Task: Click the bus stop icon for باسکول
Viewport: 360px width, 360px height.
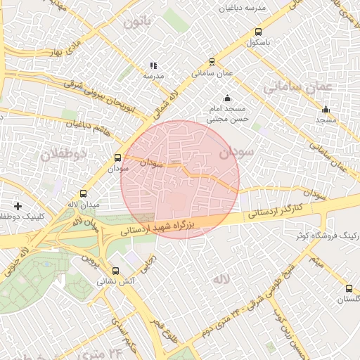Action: [258, 32]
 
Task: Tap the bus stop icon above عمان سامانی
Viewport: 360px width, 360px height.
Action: [212, 62]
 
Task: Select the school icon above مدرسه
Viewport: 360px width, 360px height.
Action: [153, 65]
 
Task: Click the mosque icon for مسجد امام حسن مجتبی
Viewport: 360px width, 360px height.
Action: [226, 98]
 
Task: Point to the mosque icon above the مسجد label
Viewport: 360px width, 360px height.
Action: [326, 109]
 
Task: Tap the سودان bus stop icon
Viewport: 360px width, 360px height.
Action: [117, 158]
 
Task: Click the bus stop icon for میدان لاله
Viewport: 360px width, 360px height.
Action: [84, 193]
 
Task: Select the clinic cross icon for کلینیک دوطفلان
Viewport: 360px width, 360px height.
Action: [18, 206]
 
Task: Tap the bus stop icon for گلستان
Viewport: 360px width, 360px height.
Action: [349, 288]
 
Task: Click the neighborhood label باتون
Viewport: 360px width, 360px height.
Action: [138, 22]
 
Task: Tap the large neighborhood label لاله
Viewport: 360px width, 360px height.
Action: [221, 279]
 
